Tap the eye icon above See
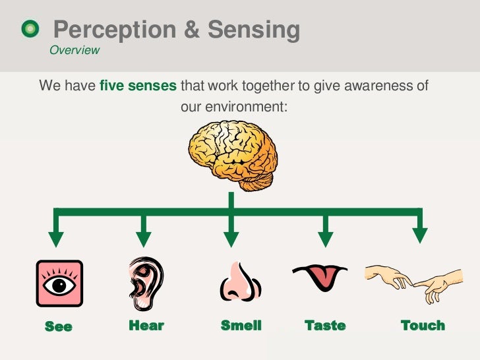click(59, 284)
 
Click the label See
click(58, 326)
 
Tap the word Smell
click(241, 326)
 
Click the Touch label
click(423, 326)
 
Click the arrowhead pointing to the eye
click(57, 238)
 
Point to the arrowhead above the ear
click(143, 238)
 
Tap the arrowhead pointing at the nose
click(230, 238)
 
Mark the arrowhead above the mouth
click(324, 238)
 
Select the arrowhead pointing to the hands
click(419, 235)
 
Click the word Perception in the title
click(115, 30)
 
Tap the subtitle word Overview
click(75, 50)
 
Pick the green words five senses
click(138, 86)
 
